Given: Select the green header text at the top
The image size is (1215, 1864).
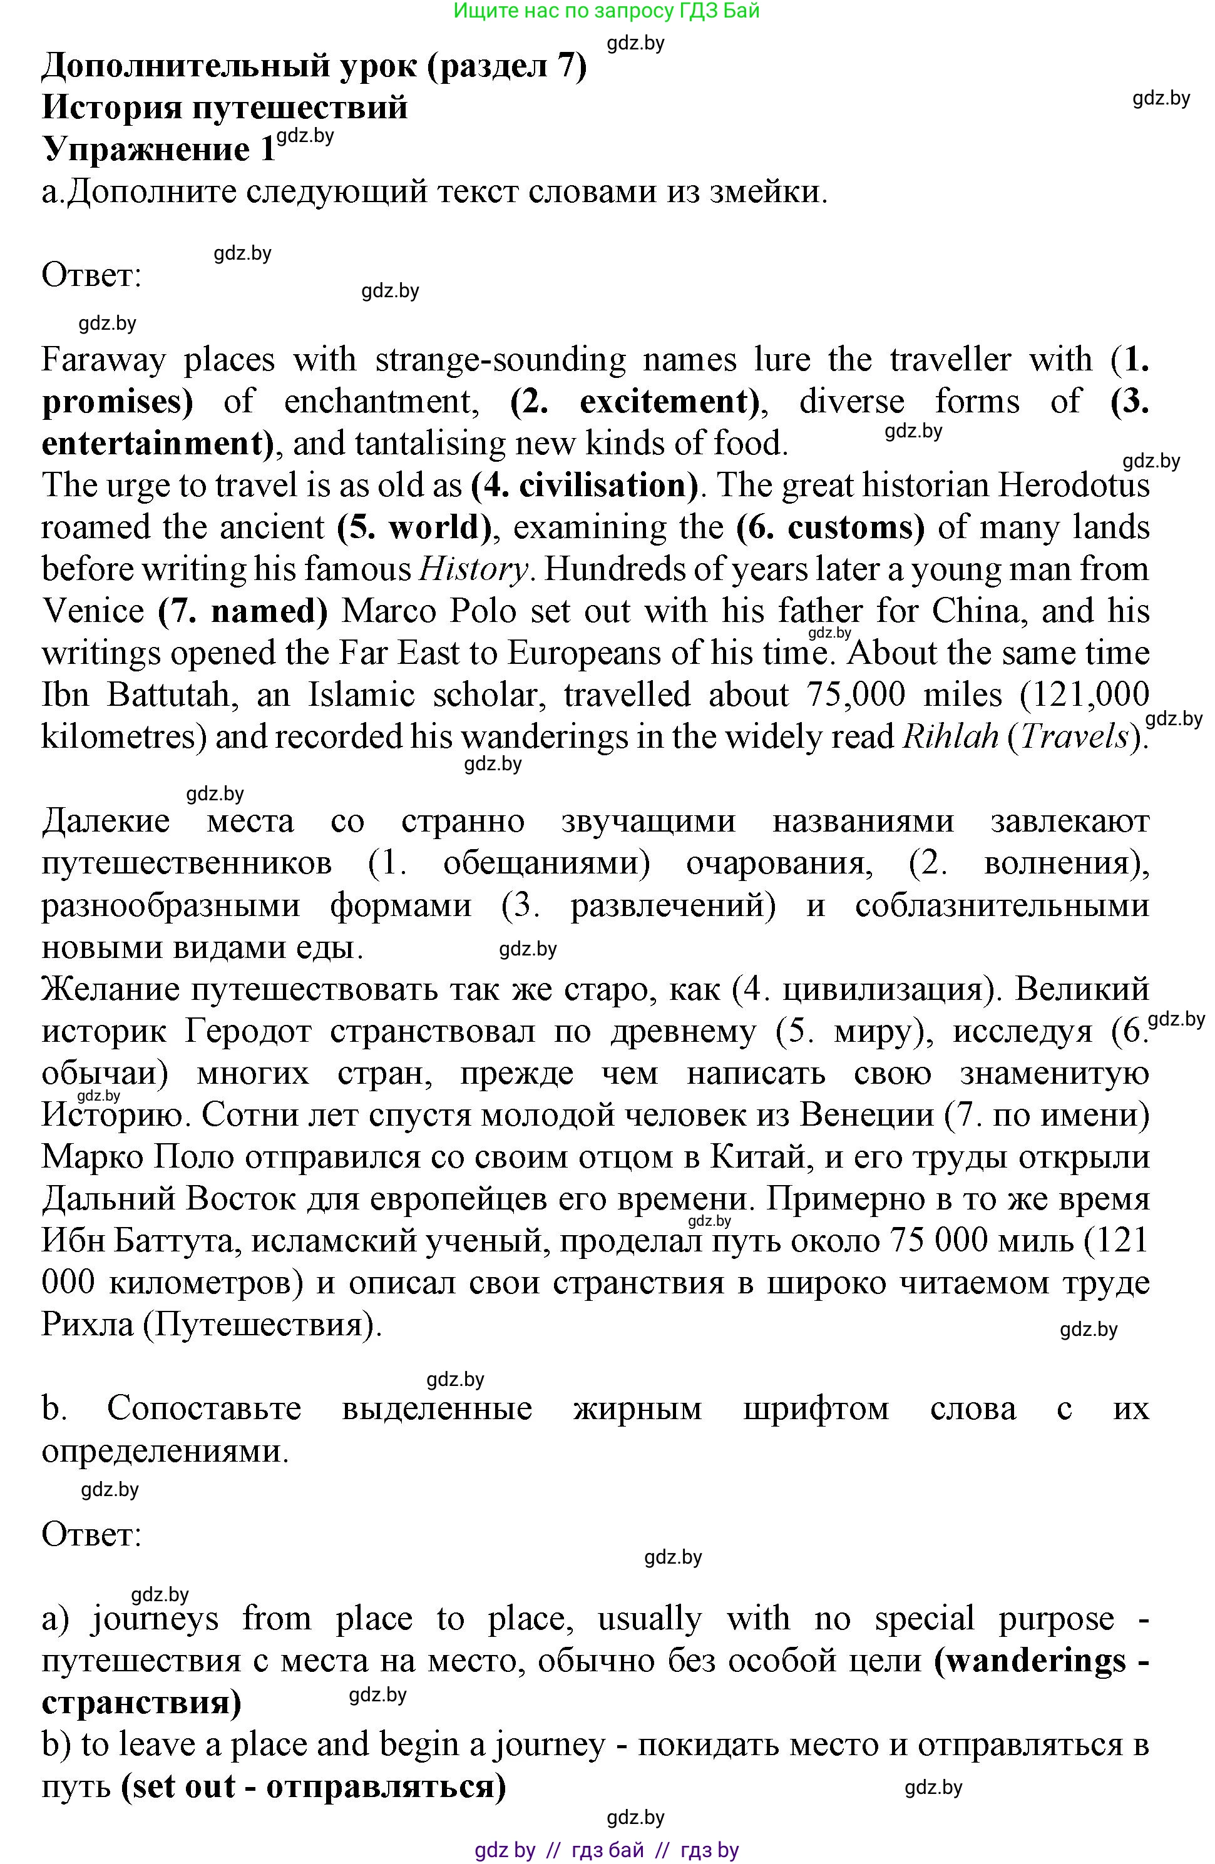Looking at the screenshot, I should coord(607,11).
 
